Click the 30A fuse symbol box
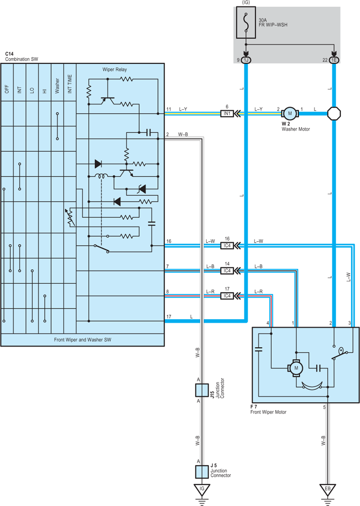(246, 23)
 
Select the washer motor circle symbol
(290, 114)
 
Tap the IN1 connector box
(227, 114)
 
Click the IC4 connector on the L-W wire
(227, 245)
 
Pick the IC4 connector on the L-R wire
(227, 296)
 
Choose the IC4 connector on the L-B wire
(227, 271)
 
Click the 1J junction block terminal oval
(246, 60)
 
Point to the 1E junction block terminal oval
(334, 60)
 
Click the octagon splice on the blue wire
(334, 114)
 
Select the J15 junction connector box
(202, 390)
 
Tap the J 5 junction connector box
(202, 472)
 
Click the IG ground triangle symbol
(202, 490)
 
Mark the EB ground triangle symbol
(328, 490)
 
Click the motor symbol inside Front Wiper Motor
(296, 368)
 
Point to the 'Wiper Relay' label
(115, 69)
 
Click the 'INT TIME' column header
(70, 84)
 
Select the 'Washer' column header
(58, 86)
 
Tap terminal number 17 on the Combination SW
(169, 317)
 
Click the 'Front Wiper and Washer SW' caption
(83, 340)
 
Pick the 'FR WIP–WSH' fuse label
(273, 25)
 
